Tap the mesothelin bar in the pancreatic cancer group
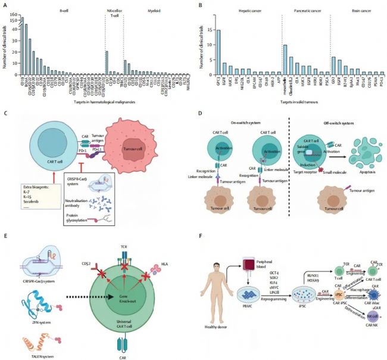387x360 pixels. coord(269,60)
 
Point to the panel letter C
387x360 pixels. coord(5,112)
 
